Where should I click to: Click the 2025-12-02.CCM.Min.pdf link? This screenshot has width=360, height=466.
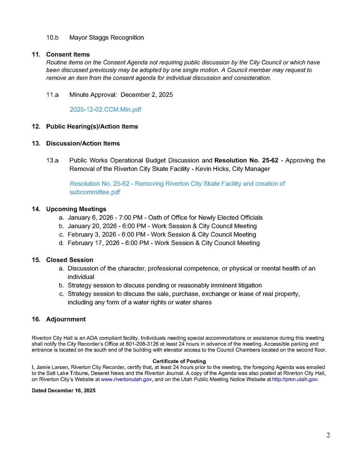[x=105, y=110]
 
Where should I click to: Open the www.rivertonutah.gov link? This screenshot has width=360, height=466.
[x=126, y=379]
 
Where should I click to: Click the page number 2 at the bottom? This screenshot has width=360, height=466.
[x=328, y=435]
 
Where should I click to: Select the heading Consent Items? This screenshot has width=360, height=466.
[x=68, y=54]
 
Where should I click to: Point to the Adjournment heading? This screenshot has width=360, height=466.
[x=66, y=319]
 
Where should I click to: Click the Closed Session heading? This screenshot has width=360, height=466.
[x=70, y=260]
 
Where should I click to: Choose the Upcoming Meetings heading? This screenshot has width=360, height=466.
[x=76, y=209]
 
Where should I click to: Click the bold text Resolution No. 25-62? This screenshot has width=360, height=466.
[x=246, y=160]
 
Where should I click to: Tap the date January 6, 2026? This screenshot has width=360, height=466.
[x=89, y=217]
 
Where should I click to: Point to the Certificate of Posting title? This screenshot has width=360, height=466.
[x=179, y=361]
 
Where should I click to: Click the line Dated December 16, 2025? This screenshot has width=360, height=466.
[x=63, y=391]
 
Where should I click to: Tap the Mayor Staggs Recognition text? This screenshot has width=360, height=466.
[x=106, y=38]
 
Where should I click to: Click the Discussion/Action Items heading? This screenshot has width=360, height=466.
[x=83, y=143]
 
